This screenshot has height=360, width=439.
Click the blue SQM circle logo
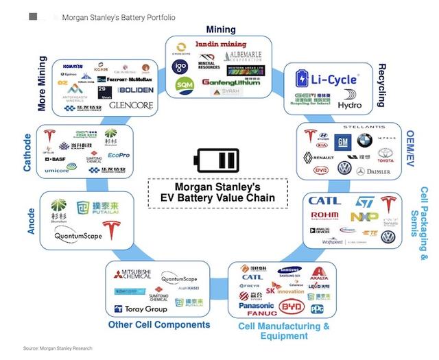[185, 84]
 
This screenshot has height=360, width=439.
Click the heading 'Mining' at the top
[220, 29]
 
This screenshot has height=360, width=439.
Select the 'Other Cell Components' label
[158, 324]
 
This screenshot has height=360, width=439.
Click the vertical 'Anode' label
[32, 221]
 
